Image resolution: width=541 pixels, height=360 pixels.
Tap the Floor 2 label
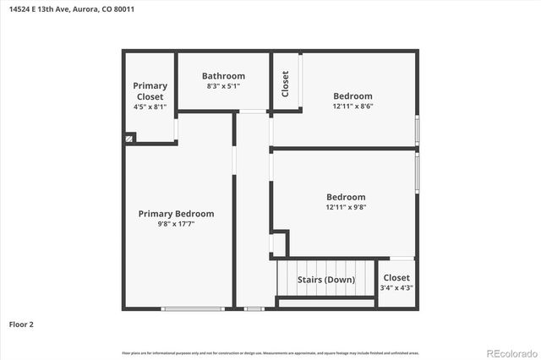21,324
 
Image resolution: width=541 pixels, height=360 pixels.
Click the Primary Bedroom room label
176,214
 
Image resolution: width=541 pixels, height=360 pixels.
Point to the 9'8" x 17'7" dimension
176,225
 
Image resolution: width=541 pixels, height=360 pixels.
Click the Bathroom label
223,76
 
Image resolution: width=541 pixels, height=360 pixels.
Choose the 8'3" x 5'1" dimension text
223,86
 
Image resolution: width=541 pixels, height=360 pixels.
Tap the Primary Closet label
150,91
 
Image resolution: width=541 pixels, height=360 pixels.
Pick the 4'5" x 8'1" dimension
150,106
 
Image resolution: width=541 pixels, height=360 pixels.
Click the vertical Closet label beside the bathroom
285,83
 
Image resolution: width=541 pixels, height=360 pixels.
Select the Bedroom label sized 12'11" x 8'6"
352,96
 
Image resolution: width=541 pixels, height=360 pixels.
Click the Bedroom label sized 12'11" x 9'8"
346,197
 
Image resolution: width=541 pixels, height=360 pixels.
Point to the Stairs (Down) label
325,280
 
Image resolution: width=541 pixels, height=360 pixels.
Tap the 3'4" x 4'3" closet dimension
396,288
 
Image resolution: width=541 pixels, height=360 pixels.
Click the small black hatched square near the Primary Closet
129,138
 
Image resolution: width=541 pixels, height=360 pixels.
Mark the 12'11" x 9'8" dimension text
346,207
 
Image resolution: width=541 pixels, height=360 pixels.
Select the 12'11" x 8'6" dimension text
352,106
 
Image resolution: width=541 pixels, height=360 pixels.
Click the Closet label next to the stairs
396,277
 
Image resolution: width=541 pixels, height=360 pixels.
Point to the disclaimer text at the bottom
270,352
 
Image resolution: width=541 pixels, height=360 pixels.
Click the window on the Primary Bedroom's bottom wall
197,308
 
